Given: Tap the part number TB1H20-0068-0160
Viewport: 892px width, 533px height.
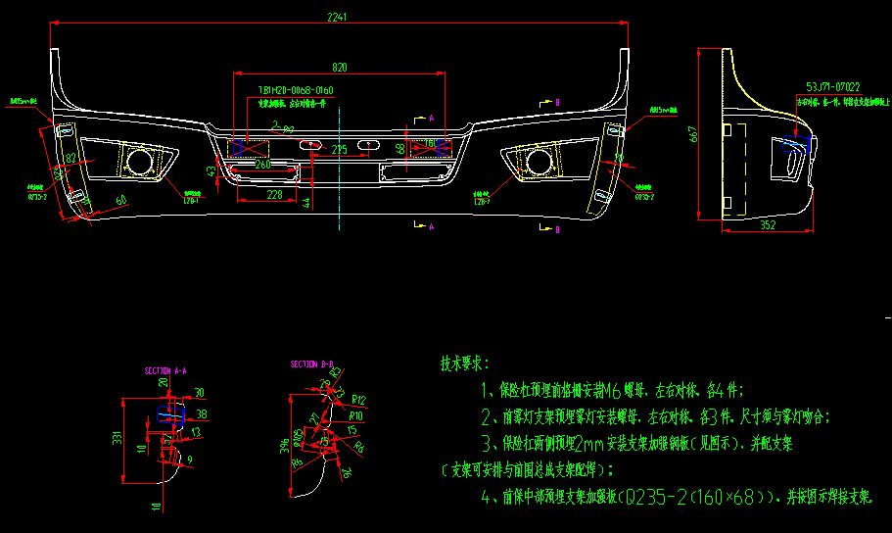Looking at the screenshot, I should coord(296,90).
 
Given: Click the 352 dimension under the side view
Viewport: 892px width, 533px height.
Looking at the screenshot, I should coord(768,225).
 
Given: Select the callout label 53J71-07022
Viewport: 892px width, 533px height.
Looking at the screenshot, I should coord(833,86).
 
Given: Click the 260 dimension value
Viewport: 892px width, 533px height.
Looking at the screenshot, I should coord(262,165).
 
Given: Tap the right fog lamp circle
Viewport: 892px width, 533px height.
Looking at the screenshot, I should coord(537,161).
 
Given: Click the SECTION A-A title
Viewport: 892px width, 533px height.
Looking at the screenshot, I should coord(165,371).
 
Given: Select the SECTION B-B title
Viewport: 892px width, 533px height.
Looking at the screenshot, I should coord(312,364).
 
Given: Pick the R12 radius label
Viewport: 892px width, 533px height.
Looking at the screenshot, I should coord(358,401).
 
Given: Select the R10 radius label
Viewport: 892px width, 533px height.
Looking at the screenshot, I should coord(354,415).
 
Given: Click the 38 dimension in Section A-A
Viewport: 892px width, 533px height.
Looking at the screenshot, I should coord(203,414).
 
